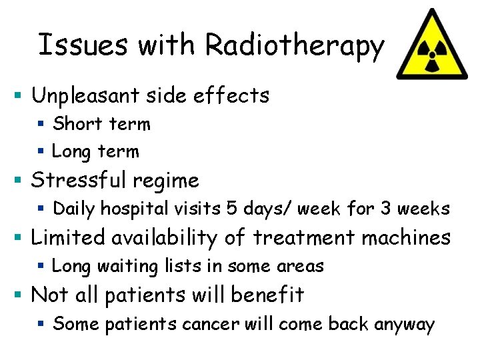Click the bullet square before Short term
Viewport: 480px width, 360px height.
click(41, 124)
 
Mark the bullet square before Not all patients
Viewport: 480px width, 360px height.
click(21, 295)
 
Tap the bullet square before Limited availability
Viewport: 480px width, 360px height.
click(21, 237)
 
